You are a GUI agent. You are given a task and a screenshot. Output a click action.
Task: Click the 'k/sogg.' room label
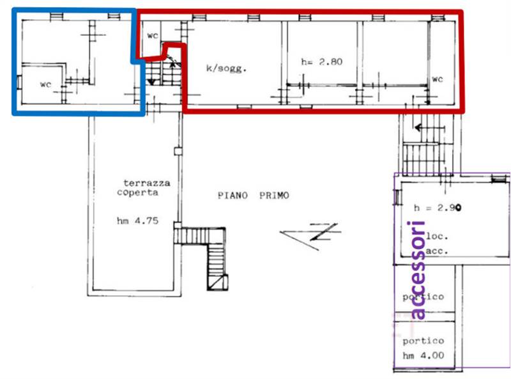(226, 68)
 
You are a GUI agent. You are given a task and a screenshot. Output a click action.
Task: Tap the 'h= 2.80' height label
(322, 61)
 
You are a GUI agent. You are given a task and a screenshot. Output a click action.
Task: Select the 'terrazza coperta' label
(143, 187)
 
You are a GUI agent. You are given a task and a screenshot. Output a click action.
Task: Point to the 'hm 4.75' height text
(137, 220)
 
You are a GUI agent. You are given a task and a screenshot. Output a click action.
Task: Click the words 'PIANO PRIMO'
(253, 196)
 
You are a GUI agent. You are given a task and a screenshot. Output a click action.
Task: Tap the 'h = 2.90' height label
(438, 208)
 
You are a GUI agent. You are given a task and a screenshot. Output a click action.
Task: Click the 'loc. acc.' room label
(437, 244)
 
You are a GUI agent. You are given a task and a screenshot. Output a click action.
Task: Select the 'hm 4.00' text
(423, 355)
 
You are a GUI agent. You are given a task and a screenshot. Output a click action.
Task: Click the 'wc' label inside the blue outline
(45, 84)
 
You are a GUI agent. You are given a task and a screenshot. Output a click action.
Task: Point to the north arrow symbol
(310, 235)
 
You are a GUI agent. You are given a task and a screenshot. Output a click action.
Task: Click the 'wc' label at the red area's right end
(438, 79)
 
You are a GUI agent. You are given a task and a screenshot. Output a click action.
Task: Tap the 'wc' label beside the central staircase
(153, 35)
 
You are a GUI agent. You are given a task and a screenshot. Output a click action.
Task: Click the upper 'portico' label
(423, 297)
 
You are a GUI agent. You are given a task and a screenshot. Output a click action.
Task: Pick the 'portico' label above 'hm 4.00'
(423, 341)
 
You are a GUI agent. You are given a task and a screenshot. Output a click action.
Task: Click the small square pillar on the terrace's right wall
(178, 151)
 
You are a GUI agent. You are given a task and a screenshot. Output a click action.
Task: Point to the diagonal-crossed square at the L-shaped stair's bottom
(218, 282)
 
